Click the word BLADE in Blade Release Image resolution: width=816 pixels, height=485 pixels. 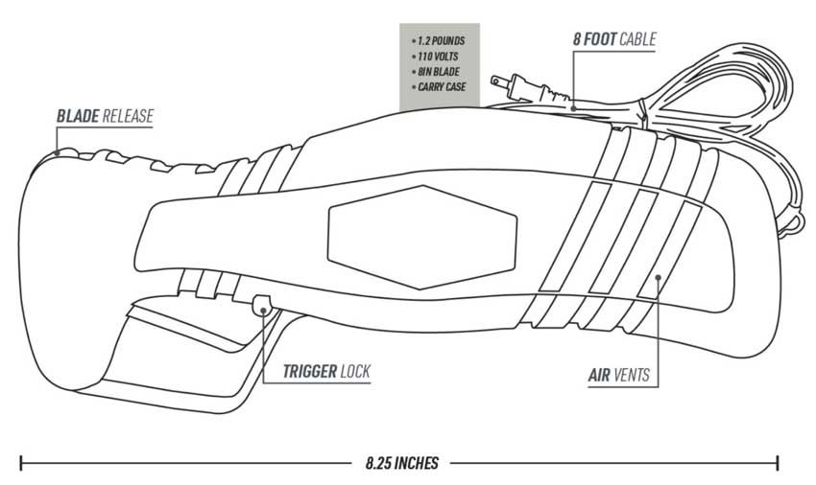coord(78,116)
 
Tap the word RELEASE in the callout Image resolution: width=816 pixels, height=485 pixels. coord(128,116)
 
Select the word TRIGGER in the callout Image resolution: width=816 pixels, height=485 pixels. coord(310,371)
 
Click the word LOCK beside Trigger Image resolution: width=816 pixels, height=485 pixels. coord(355,371)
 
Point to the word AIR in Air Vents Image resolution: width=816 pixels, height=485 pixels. coord(599,375)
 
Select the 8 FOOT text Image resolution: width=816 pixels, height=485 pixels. coord(595,39)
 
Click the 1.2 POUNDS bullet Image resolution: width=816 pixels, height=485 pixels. coord(438,40)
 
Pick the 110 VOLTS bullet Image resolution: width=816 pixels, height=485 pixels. coord(435,57)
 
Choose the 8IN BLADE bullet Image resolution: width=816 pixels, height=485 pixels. coord(436,71)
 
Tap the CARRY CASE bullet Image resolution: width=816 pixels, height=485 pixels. coord(439,87)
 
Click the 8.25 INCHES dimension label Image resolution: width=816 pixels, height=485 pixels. coord(401,463)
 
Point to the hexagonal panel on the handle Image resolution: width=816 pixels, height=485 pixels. coord(422,237)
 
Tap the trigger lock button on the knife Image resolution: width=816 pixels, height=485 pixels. coord(262,305)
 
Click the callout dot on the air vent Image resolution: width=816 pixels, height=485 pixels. coord(658,277)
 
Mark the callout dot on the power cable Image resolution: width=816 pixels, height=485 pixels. coord(573,108)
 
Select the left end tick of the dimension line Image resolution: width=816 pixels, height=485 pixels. coord(21,463)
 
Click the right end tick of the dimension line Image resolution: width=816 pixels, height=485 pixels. coord(778,463)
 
